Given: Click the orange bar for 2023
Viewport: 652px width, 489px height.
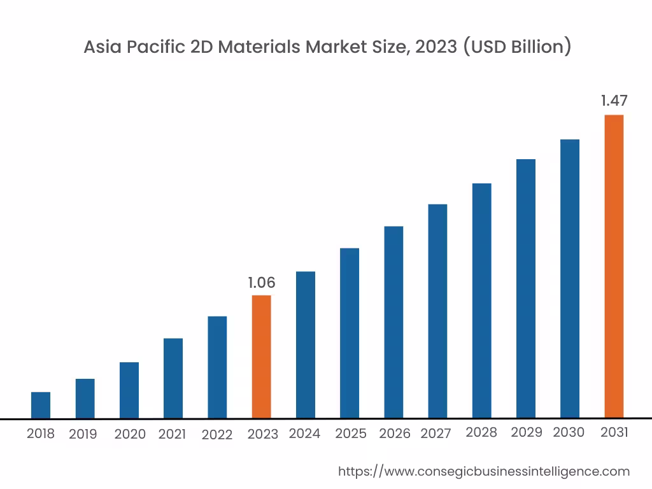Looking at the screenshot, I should coord(261,357).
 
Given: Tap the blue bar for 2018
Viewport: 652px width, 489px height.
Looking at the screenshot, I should coord(41,405).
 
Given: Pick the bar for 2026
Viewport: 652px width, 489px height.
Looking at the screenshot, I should coord(393,322).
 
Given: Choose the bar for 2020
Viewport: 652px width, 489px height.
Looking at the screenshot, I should coord(129,390).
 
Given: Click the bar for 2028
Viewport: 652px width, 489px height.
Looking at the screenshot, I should coord(482,301).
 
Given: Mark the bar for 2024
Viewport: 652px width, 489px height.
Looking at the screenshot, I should coord(306,344).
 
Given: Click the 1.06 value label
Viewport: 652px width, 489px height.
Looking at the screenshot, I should coord(261,283).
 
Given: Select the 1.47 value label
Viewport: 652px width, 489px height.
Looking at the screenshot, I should coord(614,101).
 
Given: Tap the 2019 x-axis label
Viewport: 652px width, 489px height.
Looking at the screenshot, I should coord(83,434).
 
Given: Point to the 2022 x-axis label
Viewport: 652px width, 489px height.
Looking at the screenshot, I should coord(217,435).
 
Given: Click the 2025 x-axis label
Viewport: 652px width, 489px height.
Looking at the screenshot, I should coord(351,434).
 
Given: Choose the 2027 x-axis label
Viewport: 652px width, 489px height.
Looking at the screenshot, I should coord(436,434).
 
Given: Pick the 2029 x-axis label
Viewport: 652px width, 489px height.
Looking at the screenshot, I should coord(526,432).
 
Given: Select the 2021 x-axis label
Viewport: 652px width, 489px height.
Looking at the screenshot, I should coord(172,434).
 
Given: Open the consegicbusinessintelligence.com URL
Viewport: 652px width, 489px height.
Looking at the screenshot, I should coord(483,471).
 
